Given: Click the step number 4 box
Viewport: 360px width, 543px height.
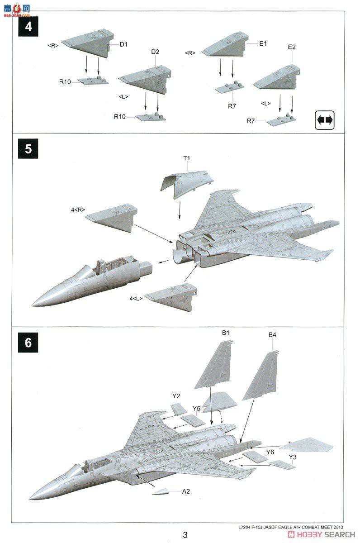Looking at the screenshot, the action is click(28, 27).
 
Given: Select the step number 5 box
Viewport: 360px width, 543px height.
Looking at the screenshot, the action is click(28, 149).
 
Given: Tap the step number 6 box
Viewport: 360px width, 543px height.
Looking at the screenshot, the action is click(28, 343).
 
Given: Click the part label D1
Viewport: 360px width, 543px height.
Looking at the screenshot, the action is click(124, 44).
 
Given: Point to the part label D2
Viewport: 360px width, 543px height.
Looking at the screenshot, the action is click(155, 52).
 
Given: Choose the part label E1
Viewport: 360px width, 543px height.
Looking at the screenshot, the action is click(263, 44).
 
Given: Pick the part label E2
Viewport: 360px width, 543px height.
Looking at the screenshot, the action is click(292, 47).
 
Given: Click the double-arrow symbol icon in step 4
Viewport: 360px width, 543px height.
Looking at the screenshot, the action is click(325, 120).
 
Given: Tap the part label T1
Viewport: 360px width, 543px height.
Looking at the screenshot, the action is click(187, 158).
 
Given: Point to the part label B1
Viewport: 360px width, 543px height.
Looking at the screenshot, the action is click(226, 333).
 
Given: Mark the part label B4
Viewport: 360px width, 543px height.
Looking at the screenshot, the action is click(272, 335).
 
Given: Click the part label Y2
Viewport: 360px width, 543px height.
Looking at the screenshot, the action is click(176, 396).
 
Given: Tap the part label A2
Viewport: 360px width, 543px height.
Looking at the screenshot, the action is click(186, 491).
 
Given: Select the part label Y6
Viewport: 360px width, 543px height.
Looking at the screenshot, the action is click(270, 452).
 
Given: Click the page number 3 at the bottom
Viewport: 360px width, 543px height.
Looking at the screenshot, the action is click(185, 534).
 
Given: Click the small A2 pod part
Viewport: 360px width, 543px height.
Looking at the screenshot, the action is click(161, 491).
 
